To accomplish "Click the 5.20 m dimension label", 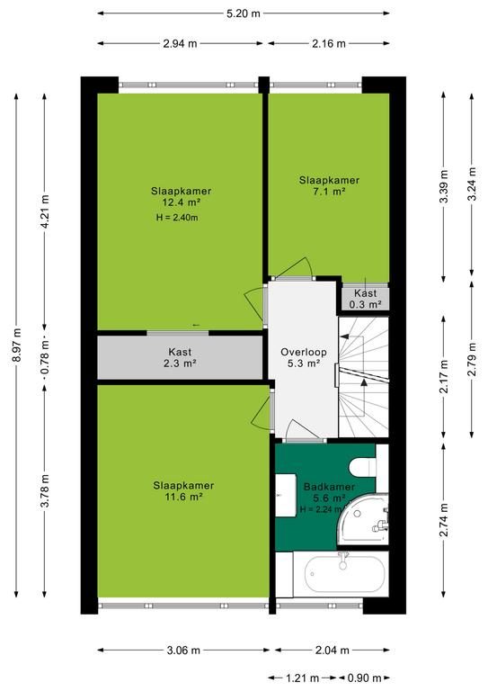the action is [x=244, y=13].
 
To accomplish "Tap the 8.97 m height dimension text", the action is [x=17, y=345].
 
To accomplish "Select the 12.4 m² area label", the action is [x=182, y=202].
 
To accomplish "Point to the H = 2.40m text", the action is [x=177, y=217].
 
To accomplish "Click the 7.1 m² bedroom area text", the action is [x=329, y=192].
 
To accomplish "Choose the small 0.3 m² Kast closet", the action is [x=366, y=299].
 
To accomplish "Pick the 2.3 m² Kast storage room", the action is [x=180, y=357].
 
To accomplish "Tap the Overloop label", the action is [x=304, y=352].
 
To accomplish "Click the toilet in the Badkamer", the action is [x=363, y=466].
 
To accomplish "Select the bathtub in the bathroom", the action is [x=345, y=574].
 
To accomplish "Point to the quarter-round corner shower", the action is [x=364, y=519].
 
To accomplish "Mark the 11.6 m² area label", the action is [x=182, y=497].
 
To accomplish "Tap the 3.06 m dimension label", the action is [x=183, y=650].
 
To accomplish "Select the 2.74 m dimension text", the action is [x=444, y=520].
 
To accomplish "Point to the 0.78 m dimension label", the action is [x=44, y=355].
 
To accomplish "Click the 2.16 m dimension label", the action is [x=329, y=43].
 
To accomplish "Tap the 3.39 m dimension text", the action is [x=444, y=186].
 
